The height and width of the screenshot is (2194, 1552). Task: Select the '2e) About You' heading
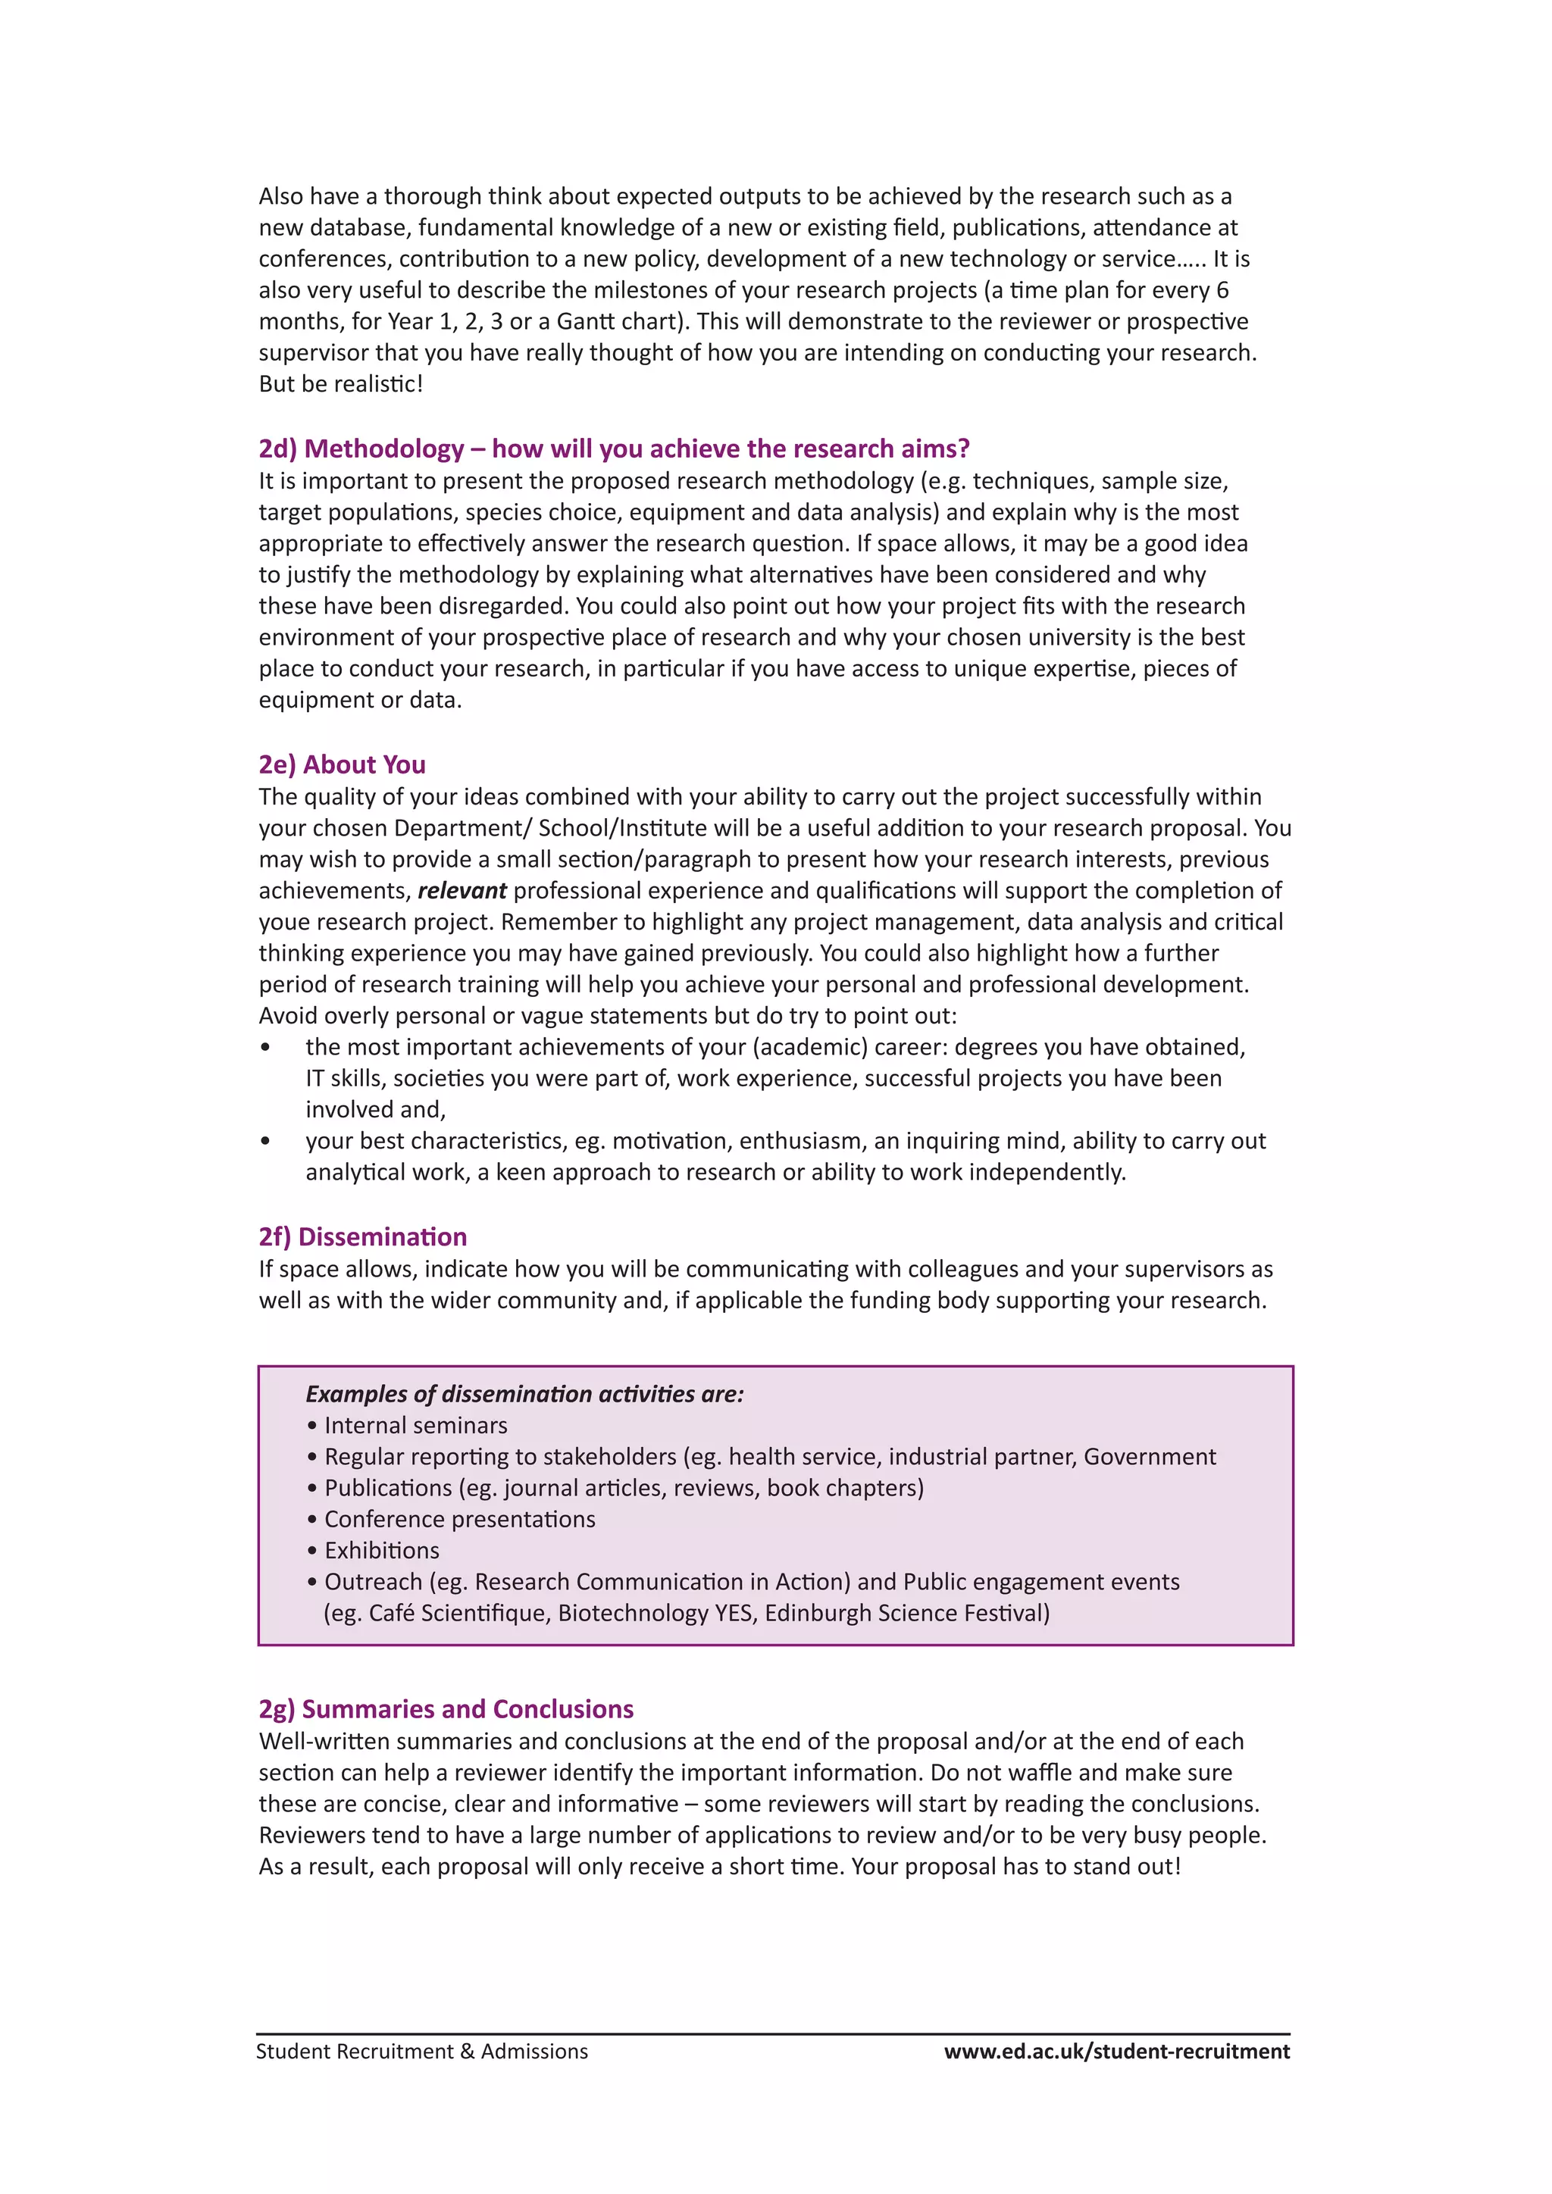click(x=342, y=764)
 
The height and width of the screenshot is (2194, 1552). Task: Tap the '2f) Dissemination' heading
click(x=362, y=1236)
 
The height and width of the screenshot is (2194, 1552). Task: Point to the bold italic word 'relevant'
click(x=462, y=891)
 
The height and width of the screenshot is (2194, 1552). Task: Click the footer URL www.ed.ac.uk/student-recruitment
click(x=1116, y=2052)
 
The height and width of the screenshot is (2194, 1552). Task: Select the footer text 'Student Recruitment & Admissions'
click(x=421, y=2052)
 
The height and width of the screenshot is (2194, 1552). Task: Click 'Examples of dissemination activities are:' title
click(x=524, y=1394)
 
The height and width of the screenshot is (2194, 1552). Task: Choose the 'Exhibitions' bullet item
click(x=381, y=1550)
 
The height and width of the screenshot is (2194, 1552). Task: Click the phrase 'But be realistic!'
click(x=340, y=384)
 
